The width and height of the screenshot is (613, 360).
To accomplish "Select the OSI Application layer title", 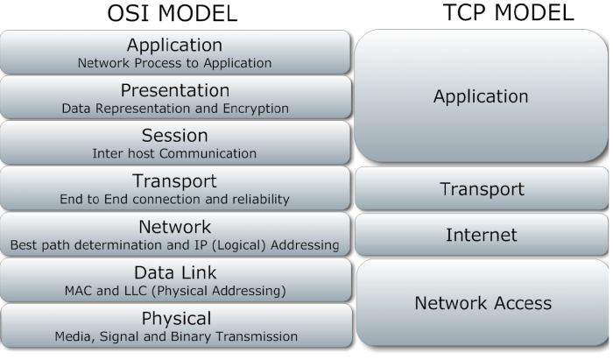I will (174, 45).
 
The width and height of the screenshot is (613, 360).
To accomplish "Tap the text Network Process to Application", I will (174, 63).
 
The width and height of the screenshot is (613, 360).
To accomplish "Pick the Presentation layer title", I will (174, 90).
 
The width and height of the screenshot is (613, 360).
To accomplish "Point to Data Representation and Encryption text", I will (174, 109).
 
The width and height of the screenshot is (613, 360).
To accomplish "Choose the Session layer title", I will (174, 136).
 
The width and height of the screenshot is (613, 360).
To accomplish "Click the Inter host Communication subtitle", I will (174, 154).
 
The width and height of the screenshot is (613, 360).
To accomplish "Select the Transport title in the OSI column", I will (174, 181).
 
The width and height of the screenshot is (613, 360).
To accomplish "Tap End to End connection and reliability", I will (174, 200).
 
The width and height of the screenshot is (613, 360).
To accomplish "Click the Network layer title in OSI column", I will (174, 227).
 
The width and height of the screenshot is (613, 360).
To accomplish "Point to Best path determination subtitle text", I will (174, 245).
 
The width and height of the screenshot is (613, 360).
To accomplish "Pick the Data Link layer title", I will (174, 272).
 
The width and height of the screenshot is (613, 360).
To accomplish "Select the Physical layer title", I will (174, 318).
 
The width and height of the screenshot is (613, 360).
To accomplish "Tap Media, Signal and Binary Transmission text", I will (174, 336).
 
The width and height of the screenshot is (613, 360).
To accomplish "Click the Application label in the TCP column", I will (481, 96).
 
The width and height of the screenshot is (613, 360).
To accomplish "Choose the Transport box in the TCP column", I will (481, 189).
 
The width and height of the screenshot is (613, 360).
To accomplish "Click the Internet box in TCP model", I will (481, 235).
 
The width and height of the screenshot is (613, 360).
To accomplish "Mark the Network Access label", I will (483, 303).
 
